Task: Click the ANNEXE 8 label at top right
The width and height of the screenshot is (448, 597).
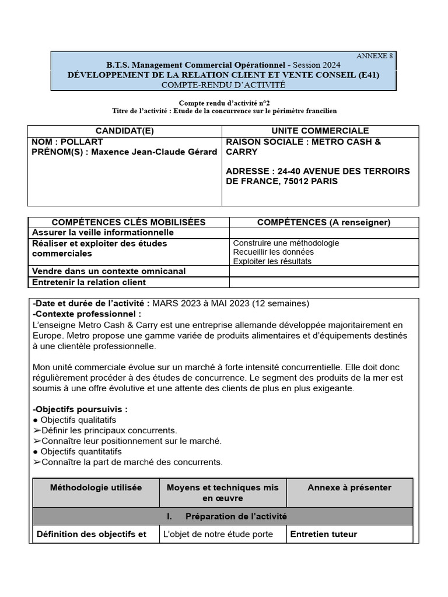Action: click(x=374, y=56)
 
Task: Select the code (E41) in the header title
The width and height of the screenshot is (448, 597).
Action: click(x=381, y=75)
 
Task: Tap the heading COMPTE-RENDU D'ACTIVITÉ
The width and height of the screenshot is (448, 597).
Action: click(x=223, y=85)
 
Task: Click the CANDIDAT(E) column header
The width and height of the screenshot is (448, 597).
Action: click(x=124, y=131)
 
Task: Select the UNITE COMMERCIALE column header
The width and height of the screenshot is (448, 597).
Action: click(x=320, y=131)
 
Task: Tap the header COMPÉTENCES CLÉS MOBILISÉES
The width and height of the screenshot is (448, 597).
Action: click(x=128, y=222)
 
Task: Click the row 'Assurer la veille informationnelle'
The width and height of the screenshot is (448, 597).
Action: click(x=103, y=233)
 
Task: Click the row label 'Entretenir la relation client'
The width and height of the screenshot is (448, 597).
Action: click(x=89, y=282)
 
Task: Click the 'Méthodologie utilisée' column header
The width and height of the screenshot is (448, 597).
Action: click(x=96, y=487)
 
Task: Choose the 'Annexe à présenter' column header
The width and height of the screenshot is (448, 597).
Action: click(x=349, y=487)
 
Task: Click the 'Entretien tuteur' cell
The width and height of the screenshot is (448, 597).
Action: click(x=323, y=534)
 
